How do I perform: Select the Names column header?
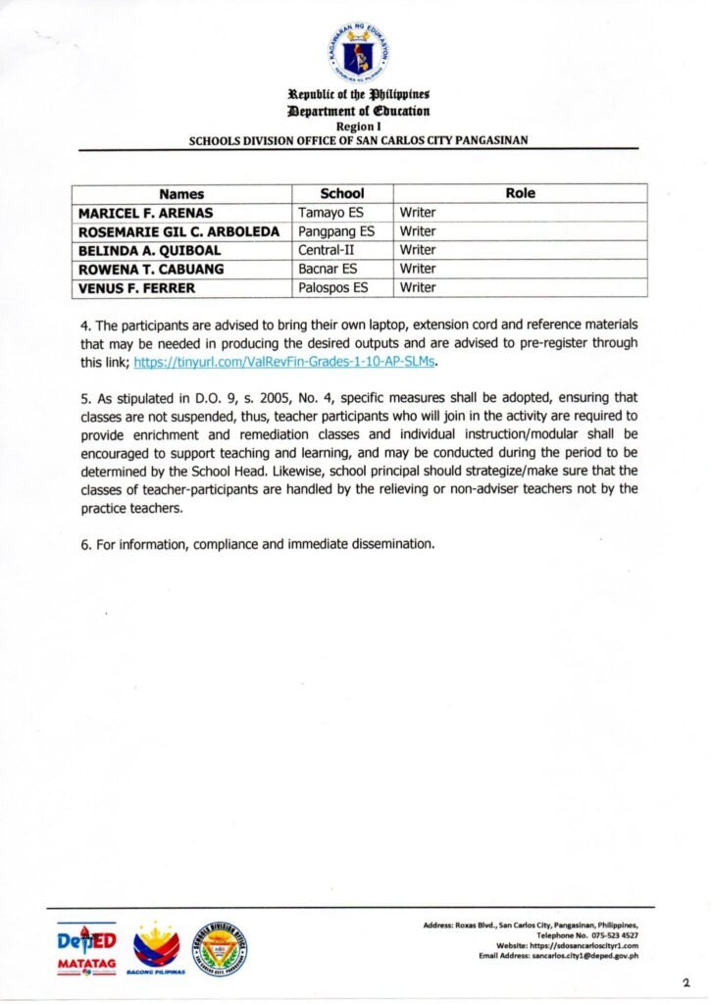click(x=181, y=194)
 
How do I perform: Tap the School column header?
click(x=342, y=194)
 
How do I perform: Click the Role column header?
click(x=520, y=194)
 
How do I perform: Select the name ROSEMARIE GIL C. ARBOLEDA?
click(x=178, y=231)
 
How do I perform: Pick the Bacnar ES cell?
click(x=328, y=269)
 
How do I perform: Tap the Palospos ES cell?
click(x=333, y=288)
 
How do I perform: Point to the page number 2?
click(x=686, y=981)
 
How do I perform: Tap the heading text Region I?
click(x=357, y=127)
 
